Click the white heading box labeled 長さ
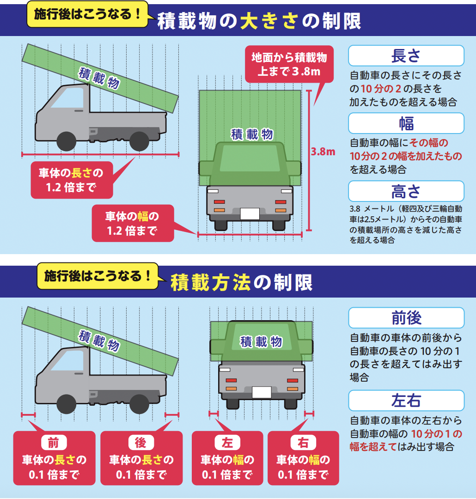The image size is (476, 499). click(406, 55)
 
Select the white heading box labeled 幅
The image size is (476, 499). click(406, 123)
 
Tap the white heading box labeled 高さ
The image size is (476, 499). click(406, 191)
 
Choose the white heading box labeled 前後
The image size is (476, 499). click(406, 318)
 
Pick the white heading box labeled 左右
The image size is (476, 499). click(406, 400)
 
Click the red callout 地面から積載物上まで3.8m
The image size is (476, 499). click(289, 65)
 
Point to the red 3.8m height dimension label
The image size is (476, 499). click(323, 152)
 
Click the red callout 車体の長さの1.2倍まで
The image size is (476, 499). click(71, 180)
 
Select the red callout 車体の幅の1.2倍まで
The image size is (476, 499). click(133, 223)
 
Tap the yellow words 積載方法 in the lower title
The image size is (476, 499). click(210, 282)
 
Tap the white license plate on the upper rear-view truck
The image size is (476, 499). click(250, 214)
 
